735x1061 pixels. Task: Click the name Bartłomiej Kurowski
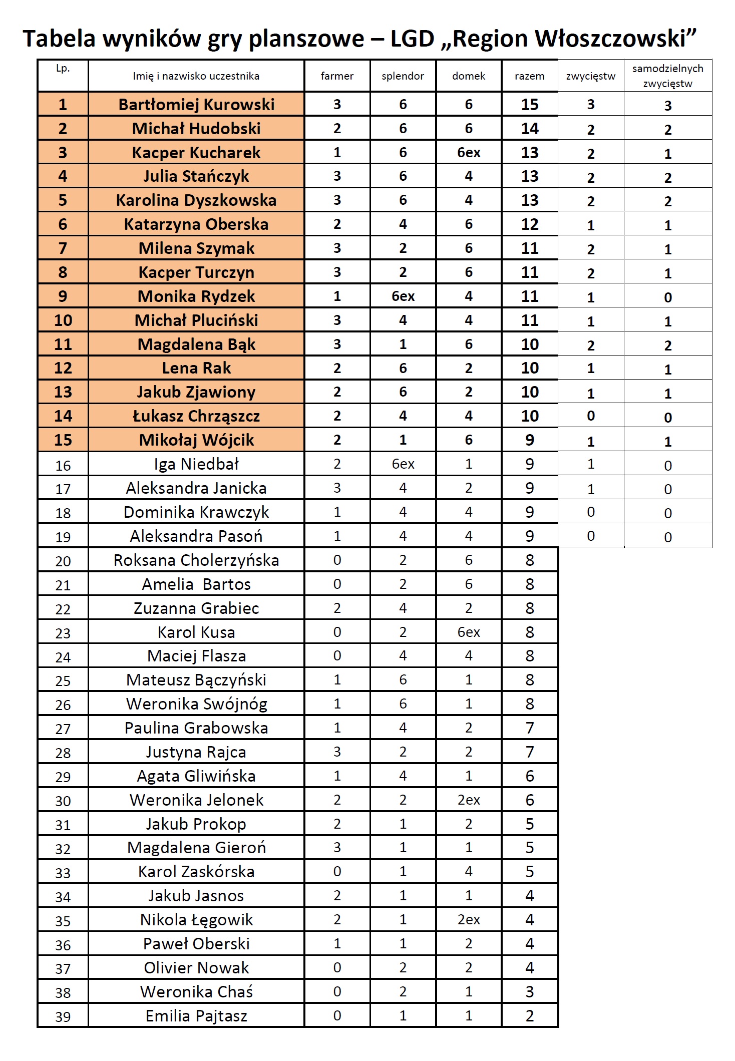click(196, 104)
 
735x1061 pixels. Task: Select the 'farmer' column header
click(337, 76)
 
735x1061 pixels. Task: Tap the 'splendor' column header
click(403, 76)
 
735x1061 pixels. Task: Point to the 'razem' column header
click(529, 76)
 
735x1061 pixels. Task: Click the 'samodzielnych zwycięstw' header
click(667, 76)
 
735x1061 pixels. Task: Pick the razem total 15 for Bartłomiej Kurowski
click(529, 104)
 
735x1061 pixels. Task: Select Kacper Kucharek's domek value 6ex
click(469, 152)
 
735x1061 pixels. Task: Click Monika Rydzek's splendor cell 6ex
click(403, 296)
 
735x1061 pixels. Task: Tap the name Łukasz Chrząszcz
click(196, 416)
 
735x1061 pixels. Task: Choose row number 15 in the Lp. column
click(63, 440)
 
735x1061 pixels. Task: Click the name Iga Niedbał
click(196, 464)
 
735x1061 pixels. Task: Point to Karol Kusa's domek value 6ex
click(469, 632)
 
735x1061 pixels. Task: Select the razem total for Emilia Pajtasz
click(529, 1016)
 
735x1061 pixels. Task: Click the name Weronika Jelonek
click(196, 800)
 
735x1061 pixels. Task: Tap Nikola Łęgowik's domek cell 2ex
click(469, 920)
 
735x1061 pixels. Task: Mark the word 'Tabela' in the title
click(59, 39)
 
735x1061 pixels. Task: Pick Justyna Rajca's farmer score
click(337, 752)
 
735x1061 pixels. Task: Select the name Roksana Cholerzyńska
click(196, 560)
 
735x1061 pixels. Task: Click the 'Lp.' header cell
click(63, 69)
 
